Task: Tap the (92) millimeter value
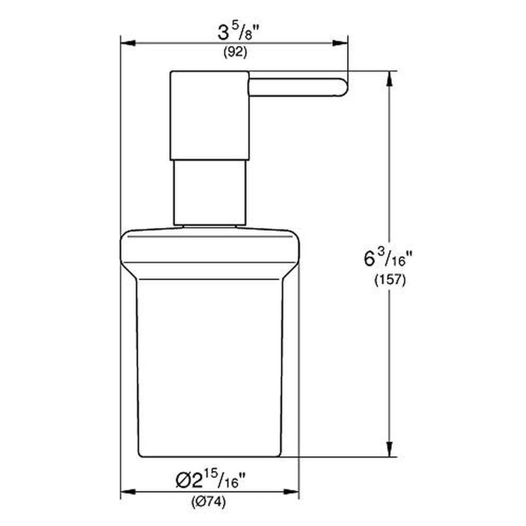(235, 53)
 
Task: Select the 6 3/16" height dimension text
(387, 258)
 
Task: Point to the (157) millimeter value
(387, 279)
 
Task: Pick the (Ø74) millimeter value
(208, 503)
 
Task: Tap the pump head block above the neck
(209, 115)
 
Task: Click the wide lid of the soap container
(209, 247)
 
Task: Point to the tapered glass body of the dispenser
(209, 362)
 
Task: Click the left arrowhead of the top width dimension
(126, 43)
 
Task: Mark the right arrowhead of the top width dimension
(342, 43)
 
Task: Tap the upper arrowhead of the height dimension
(390, 76)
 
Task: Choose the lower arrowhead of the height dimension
(390, 451)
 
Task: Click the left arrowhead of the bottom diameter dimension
(126, 491)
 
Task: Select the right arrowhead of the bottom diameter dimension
(293, 491)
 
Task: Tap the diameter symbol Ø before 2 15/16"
(185, 481)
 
